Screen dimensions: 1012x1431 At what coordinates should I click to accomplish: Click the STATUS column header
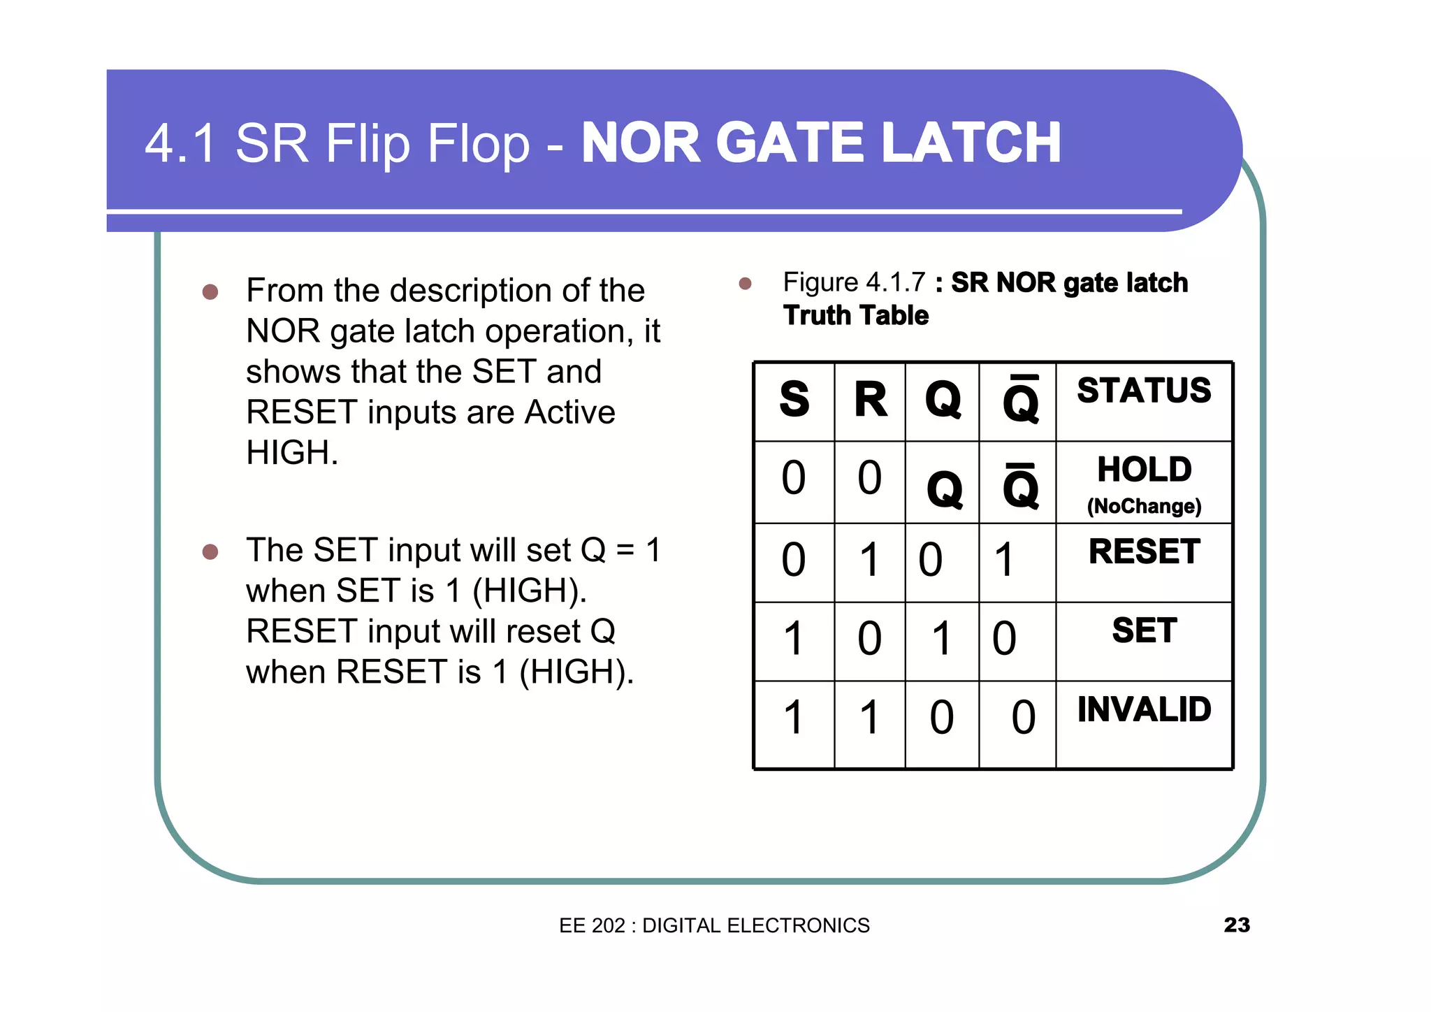[x=1144, y=390]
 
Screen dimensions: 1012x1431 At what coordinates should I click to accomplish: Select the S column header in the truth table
[x=794, y=400]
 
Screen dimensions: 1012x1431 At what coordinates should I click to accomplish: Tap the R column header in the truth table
[x=870, y=400]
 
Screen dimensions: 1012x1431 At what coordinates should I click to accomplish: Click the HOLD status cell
[x=1144, y=469]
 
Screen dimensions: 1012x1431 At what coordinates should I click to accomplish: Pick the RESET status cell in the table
[x=1144, y=551]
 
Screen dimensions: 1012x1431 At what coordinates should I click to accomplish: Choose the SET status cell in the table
[x=1144, y=630]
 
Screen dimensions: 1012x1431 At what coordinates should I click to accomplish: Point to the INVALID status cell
[x=1144, y=709]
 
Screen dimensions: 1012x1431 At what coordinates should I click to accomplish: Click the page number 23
[x=1236, y=925]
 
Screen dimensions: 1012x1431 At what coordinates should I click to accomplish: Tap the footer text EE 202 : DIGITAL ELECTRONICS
[x=714, y=925]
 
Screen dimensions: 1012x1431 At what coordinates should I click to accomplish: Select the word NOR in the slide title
[x=641, y=143]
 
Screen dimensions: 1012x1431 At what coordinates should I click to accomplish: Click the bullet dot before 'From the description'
[x=210, y=291]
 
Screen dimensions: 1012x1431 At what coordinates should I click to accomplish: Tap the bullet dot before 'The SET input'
[x=210, y=552]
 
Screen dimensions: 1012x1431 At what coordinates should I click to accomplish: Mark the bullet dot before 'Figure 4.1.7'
[x=745, y=283]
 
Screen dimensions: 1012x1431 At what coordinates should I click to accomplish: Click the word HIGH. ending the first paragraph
[x=292, y=453]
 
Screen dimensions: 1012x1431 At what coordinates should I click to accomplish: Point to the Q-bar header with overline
[x=1020, y=400]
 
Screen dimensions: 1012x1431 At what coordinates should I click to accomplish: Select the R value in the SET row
[x=870, y=639]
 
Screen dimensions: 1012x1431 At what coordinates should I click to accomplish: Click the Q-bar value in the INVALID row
[x=1023, y=718]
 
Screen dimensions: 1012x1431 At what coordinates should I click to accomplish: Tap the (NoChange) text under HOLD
[x=1144, y=506]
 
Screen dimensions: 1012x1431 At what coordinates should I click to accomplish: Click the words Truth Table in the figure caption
[x=856, y=316]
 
